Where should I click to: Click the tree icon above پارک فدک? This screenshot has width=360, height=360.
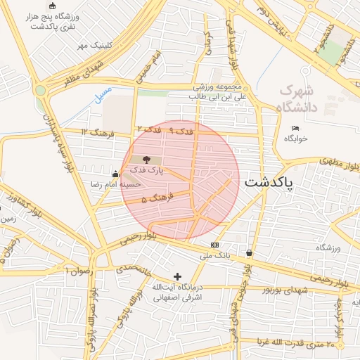[x=146, y=160]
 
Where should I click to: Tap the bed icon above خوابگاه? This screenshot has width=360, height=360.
[x=295, y=128]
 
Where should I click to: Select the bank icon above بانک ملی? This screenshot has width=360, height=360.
[x=214, y=245]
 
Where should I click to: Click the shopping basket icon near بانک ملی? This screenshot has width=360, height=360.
[x=249, y=252]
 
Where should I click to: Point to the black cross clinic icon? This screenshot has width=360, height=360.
[x=177, y=276]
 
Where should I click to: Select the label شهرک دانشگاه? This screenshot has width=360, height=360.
[x=298, y=99]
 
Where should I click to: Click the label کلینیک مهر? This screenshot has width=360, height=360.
[x=95, y=45]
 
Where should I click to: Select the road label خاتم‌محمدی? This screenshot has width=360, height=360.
[x=133, y=269]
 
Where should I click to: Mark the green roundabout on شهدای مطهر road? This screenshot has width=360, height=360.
[x=41, y=90]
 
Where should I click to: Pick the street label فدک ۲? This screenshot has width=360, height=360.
[x=148, y=129]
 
